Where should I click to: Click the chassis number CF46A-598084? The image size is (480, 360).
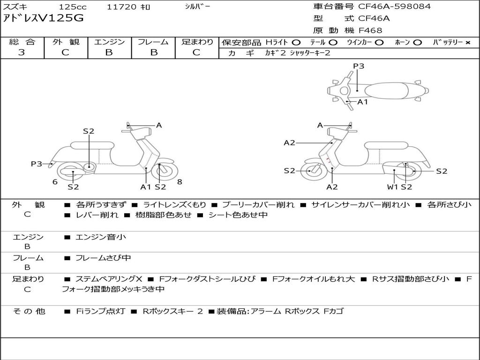[394, 7]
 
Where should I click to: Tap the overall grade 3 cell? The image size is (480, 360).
[22, 52]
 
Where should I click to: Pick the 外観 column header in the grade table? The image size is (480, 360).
[66, 42]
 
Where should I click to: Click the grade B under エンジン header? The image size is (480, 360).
[109, 52]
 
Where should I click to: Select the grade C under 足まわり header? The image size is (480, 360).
[196, 52]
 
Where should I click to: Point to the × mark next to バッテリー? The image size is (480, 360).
[467, 42]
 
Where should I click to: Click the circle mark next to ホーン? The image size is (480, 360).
[418, 42]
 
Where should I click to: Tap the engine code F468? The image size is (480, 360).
[370, 30]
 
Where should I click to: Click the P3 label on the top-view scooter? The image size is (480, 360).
[359, 66]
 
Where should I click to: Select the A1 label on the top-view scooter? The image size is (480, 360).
[362, 102]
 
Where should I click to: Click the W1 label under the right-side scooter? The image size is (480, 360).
[392, 187]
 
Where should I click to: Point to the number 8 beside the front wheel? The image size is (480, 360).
[180, 182]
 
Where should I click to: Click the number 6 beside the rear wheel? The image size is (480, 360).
[55, 182]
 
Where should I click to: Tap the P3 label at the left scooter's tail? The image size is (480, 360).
[37, 164]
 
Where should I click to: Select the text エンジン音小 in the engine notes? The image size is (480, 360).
[101, 237]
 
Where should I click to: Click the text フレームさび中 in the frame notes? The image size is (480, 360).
[103, 258]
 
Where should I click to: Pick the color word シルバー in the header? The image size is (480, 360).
[197, 7]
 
